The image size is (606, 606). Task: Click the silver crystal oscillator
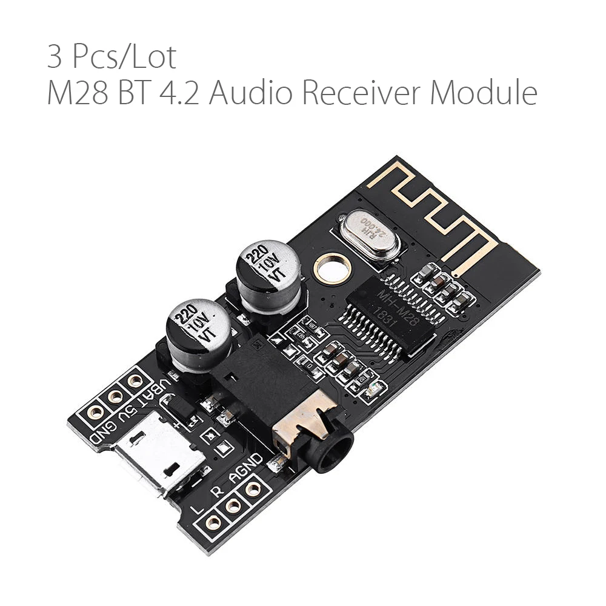(370, 235)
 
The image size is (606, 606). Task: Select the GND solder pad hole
(94, 413)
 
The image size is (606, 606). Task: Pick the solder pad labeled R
(232, 505)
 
